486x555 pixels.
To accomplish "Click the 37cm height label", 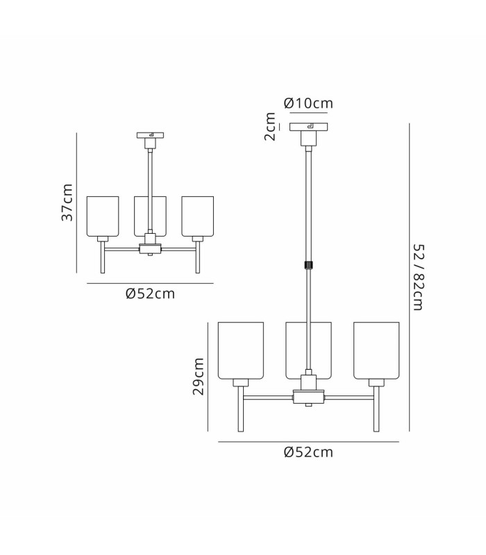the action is point(67,203).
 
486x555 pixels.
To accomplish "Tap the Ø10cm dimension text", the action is point(308,103).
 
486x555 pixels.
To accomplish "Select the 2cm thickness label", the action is point(270,126).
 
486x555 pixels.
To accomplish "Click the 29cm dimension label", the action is point(199,376).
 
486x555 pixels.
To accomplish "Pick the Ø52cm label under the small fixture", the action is point(150,293).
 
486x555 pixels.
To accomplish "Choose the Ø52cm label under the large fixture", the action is point(308,452).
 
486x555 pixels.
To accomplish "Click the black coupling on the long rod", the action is point(308,265).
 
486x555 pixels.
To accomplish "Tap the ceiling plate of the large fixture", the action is point(308,127).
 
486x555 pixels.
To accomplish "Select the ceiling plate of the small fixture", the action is point(150,135).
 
